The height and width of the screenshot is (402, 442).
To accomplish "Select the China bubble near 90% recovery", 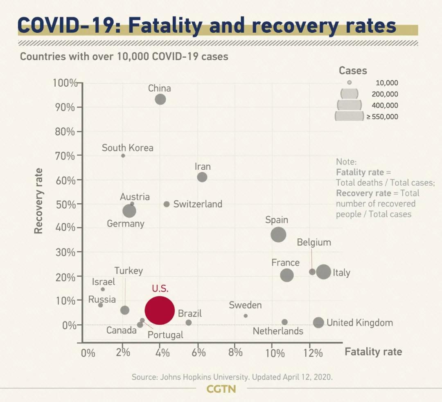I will coord(160,99).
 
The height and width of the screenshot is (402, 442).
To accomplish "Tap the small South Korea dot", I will coord(123,156).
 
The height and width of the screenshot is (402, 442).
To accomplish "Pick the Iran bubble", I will coord(202,177).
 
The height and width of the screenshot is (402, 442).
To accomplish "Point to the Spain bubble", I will coord(278,235).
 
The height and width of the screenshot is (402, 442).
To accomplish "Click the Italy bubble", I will coord(323,272).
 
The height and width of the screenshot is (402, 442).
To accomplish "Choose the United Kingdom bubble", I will coord(318,322).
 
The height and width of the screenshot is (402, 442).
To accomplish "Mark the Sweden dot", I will coord(246,316).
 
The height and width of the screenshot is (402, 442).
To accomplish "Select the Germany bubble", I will coord(129,211).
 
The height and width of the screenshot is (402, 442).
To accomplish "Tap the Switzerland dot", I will coord(167,204).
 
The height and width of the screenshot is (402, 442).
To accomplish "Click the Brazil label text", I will coord(190,314).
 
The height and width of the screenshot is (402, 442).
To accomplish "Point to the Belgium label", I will coord(314,243).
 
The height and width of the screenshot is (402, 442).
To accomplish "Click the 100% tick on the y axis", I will coord(65,83).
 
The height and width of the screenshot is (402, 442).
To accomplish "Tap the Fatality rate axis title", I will coord(373,352).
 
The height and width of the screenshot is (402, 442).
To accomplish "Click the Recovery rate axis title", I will coord(38,201).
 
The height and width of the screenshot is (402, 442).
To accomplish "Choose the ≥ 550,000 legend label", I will coord(382,117).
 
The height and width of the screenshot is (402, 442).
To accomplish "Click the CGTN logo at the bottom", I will coord(221,389).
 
